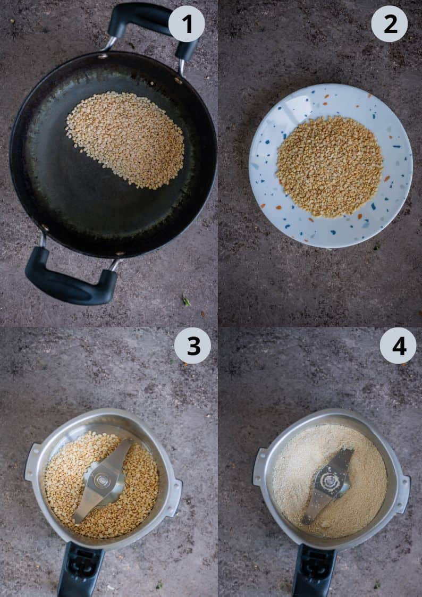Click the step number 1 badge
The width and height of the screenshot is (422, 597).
pyautogui.click(x=187, y=23)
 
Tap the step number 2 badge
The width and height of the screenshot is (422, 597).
pyautogui.click(x=389, y=23)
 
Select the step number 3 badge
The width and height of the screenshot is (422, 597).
pyautogui.click(x=192, y=346)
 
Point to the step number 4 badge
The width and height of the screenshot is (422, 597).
pyautogui.click(x=398, y=346)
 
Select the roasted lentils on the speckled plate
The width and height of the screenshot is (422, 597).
pyautogui.click(x=330, y=166)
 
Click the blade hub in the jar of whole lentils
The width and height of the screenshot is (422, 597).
pyautogui.click(x=103, y=481)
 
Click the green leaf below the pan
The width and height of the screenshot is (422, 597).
pyautogui.click(x=187, y=300)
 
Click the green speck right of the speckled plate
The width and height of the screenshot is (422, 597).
pyautogui.click(x=377, y=246)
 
